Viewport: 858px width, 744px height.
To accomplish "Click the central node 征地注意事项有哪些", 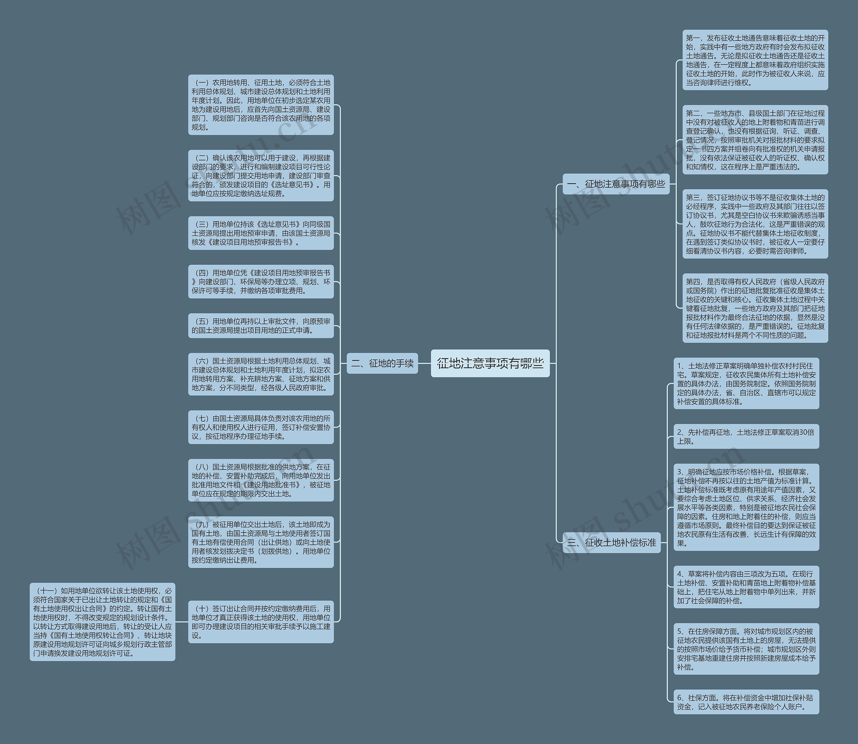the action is pos(490,363).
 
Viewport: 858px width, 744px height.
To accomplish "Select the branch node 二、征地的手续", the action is pos(382,363).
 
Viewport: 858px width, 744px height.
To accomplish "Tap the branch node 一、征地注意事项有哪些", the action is pos(616,184).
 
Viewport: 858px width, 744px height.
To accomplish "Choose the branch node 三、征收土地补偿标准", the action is pos(611,542).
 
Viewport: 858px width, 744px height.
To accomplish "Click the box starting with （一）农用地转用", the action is pos(261,105).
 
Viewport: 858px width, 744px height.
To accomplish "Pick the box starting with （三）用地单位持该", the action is pos(261,233).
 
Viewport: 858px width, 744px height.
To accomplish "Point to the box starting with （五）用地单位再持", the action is pos(261,325).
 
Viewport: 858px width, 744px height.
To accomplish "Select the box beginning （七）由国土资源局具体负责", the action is pos(261,427).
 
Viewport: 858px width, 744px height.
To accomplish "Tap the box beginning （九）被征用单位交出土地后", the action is pos(261,542).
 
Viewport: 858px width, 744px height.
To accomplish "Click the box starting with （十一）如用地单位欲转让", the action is pos(102,622).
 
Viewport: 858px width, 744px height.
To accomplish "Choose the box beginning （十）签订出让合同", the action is pos(261,622).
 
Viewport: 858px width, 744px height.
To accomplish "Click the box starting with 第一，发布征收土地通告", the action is pos(755,60).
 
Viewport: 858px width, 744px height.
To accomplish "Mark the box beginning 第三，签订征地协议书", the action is pos(755,224).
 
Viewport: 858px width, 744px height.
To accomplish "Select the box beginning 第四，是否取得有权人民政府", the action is pos(755,308).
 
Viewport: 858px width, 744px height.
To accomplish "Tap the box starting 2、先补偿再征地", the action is pos(746,436).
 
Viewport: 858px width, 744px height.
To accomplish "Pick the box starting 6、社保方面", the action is pos(746,702).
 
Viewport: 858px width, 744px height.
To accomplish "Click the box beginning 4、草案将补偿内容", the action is pos(746,586).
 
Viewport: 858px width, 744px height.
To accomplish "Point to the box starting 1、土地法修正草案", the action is pos(746,383).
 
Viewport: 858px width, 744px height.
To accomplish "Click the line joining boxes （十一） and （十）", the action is pos(181,622).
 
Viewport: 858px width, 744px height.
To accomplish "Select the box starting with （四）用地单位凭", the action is pos(261,282).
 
